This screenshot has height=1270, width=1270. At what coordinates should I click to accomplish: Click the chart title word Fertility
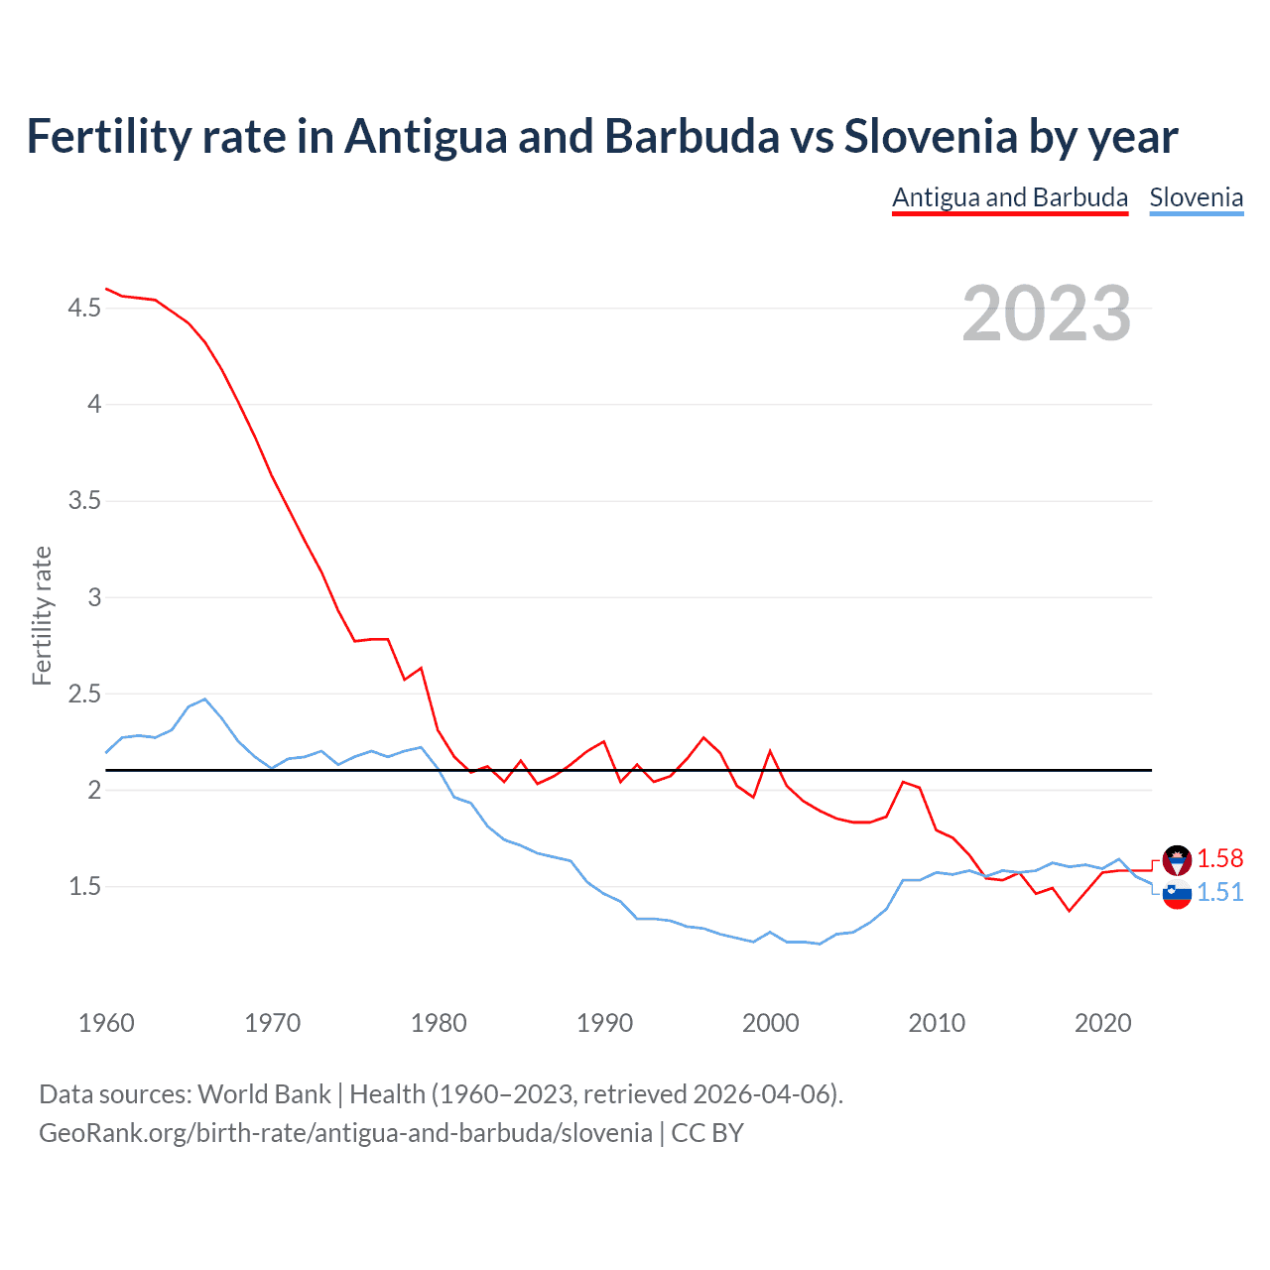click(108, 136)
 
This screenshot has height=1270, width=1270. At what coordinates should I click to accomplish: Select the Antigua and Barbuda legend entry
click(1009, 197)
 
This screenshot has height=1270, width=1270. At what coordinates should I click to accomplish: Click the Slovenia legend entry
click(1196, 197)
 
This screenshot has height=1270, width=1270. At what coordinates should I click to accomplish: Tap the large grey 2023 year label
click(1046, 314)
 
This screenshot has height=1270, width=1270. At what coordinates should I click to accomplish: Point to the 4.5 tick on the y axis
click(84, 309)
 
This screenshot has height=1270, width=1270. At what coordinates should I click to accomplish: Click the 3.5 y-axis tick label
click(84, 501)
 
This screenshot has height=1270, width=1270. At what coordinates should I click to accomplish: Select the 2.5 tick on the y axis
click(84, 694)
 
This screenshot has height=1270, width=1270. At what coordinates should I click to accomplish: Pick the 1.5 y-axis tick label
click(84, 886)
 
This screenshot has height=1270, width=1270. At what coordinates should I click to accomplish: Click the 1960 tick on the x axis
click(106, 1023)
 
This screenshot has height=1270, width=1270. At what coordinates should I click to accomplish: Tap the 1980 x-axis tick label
click(438, 1023)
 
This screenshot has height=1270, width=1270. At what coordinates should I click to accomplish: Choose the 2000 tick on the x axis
click(770, 1023)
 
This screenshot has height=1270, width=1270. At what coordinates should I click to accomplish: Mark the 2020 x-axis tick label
click(1102, 1023)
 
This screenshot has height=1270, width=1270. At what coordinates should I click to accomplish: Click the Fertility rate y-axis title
click(42, 615)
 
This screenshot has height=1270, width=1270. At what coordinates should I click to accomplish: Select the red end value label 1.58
click(1219, 858)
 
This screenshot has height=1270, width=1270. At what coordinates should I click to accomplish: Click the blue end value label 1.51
click(1219, 892)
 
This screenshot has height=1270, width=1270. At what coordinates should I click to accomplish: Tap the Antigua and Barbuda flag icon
click(1177, 859)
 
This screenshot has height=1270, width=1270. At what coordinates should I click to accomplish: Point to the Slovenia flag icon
click(1177, 894)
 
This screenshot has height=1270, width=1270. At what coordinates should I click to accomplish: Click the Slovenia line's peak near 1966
click(204, 699)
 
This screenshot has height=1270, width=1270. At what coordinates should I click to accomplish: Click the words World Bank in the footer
click(264, 1094)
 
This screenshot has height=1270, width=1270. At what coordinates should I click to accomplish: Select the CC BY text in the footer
click(707, 1133)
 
